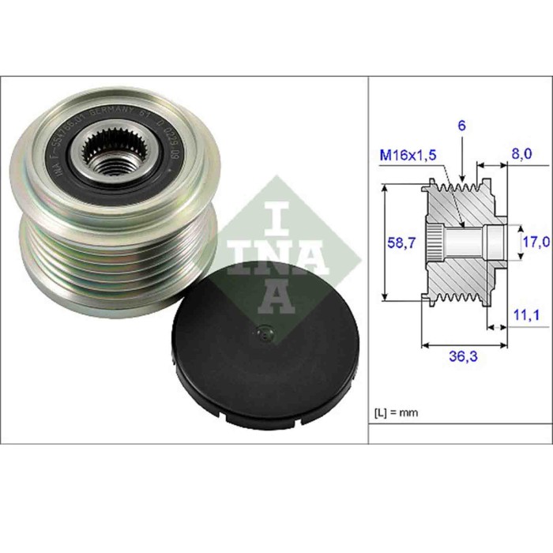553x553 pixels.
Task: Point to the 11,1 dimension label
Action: tap(523, 316)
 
